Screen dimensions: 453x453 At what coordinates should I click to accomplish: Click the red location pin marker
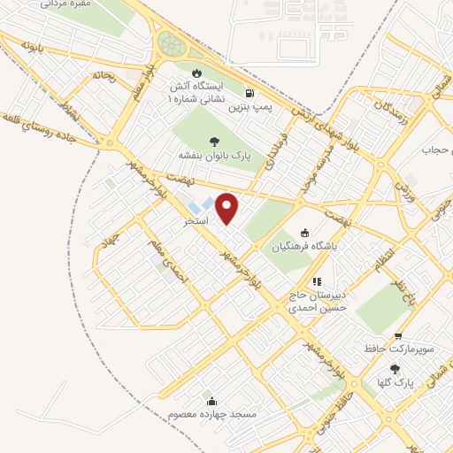coord(228,209)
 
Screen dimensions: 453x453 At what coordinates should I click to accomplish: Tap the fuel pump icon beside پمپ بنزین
coord(251,93)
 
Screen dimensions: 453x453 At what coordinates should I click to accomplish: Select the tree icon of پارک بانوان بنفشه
coord(213,140)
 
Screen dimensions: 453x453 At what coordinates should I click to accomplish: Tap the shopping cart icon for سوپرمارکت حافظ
coord(399,336)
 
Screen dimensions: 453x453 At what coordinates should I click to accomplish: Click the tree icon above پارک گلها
coord(395,368)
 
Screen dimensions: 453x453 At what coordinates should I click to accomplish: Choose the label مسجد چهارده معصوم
coord(211,413)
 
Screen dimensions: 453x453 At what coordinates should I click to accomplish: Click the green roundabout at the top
coord(168,42)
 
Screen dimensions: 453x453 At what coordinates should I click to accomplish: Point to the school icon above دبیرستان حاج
coord(317,281)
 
